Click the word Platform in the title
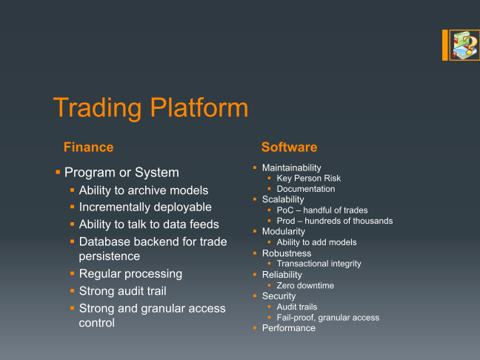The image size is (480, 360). click(199, 107)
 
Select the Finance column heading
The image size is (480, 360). click(88, 147)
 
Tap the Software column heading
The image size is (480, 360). click(290, 147)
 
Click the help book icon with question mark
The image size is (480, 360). click(464, 45)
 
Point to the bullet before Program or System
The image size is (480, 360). click(58, 173)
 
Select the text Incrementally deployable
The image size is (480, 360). click(145, 207)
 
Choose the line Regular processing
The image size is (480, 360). click(130, 274)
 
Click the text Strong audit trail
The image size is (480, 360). click(122, 291)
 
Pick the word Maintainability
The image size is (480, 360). click(291, 168)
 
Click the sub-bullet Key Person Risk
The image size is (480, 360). click(309, 179)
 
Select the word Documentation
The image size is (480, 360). click(306, 189)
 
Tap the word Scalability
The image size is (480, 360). click(283, 199)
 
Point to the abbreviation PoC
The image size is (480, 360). click(285, 210)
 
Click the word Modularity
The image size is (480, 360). click(284, 232)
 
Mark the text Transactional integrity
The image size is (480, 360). click(319, 264)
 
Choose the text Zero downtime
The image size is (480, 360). click(305, 286)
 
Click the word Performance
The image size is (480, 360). click(289, 328)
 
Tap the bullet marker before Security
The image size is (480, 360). click(255, 296)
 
